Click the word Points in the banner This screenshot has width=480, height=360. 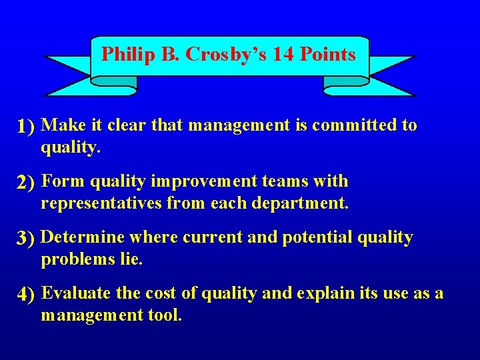click(x=328, y=54)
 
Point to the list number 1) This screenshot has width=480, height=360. click(x=26, y=125)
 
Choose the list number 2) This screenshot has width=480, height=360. click(x=26, y=182)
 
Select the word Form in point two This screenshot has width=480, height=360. click(x=63, y=181)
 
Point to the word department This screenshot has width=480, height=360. click(x=301, y=203)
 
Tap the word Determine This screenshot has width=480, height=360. click(x=82, y=237)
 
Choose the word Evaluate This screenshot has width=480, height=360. click(x=75, y=293)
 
